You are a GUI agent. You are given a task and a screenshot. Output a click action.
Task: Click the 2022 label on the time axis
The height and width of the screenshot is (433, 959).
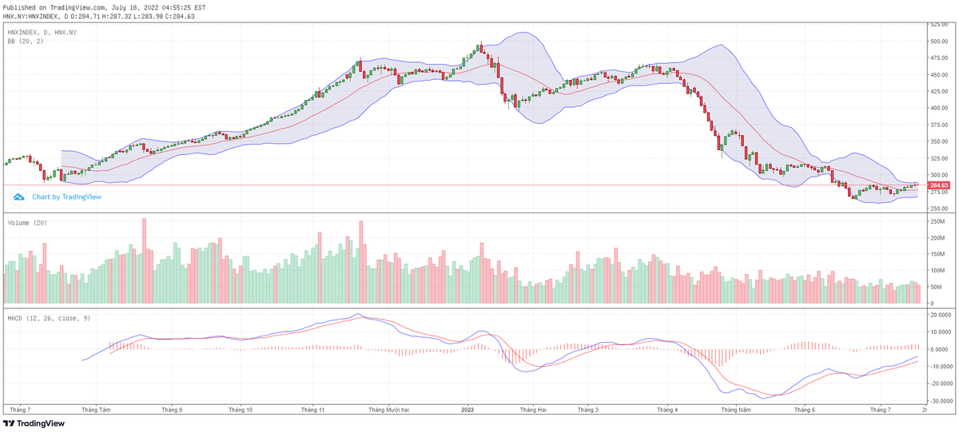click(468, 409)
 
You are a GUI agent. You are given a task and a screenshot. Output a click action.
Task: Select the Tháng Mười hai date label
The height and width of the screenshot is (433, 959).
click(388, 409)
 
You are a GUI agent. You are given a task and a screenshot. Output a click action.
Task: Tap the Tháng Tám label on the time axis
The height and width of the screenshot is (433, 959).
click(96, 409)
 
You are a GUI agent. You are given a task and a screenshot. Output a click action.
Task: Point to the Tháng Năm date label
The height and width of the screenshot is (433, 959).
click(735, 409)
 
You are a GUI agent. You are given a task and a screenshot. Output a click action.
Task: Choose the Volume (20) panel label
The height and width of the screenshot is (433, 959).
click(27, 223)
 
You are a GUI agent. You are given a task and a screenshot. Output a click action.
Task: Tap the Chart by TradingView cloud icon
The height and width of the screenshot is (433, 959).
click(18, 197)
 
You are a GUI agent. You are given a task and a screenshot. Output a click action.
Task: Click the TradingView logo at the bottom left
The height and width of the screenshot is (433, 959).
click(30, 423)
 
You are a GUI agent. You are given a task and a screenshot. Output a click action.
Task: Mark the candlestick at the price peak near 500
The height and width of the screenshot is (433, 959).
click(480, 48)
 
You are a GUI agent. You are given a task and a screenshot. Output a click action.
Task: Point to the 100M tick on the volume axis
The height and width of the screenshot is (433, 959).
click(936, 270)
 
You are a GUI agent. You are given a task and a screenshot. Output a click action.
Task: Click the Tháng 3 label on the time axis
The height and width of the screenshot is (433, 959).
click(587, 409)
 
